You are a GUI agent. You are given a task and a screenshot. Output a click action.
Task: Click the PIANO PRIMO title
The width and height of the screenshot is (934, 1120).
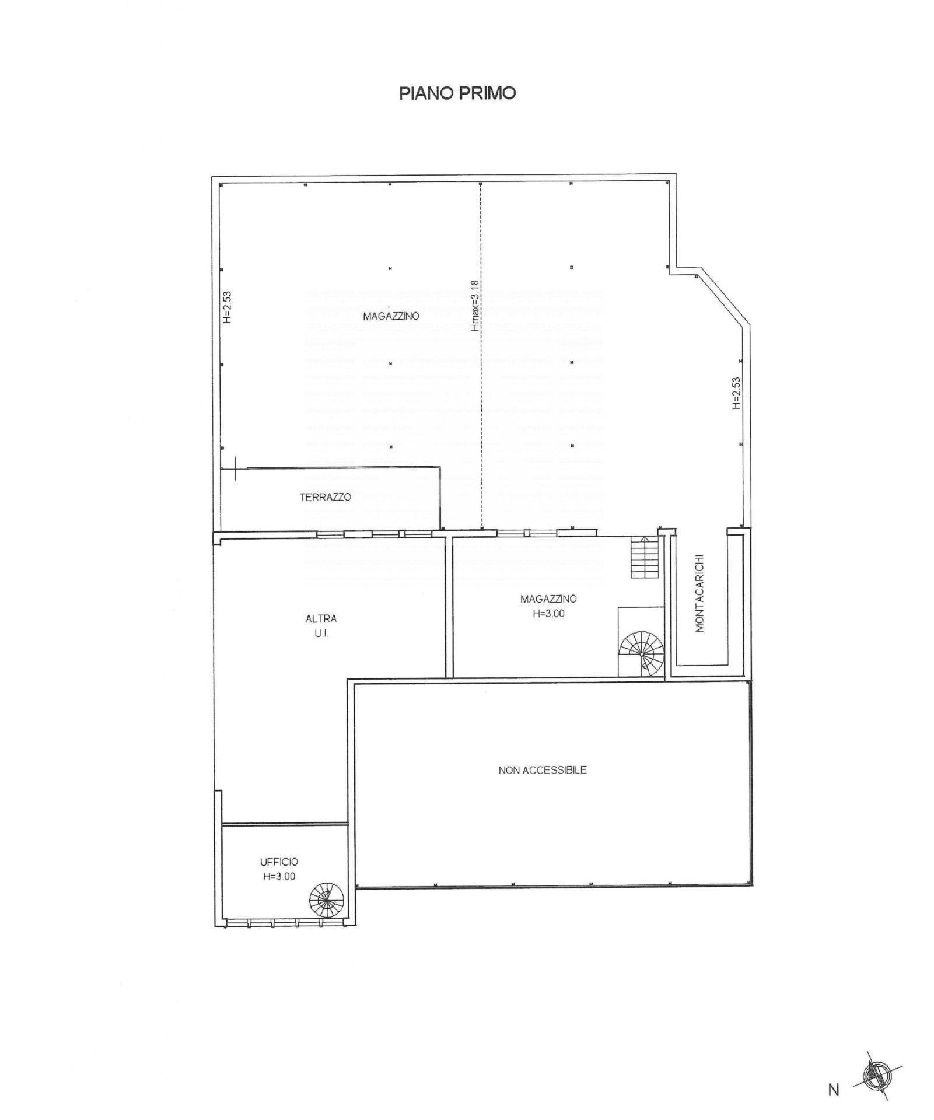[x=457, y=93]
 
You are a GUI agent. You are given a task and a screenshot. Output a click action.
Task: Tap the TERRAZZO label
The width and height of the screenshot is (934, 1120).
[x=326, y=497]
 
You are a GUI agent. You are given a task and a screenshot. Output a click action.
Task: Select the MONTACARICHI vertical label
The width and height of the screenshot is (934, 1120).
[x=700, y=593]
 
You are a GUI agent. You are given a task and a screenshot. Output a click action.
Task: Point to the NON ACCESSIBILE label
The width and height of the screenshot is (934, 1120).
[x=543, y=770]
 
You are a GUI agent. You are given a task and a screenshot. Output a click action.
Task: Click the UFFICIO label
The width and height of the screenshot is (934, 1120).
[x=279, y=862]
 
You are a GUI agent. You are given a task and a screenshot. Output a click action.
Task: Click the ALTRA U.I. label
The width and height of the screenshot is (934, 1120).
[x=321, y=626]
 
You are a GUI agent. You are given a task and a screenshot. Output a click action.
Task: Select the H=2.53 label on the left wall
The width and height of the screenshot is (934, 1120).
[x=227, y=307]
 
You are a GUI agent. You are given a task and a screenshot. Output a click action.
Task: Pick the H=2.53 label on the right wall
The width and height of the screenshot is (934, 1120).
[x=736, y=393]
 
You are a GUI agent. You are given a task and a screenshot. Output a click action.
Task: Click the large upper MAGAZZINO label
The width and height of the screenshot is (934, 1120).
[x=391, y=316]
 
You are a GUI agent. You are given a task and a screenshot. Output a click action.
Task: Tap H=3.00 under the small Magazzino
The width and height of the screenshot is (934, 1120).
[x=549, y=614]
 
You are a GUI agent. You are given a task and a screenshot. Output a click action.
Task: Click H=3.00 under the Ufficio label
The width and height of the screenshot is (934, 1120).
[x=279, y=876]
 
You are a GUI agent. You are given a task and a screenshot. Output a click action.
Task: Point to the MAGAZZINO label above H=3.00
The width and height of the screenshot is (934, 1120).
[x=549, y=599]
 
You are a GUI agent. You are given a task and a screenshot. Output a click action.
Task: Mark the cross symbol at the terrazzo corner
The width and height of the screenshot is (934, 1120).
[x=236, y=467]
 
